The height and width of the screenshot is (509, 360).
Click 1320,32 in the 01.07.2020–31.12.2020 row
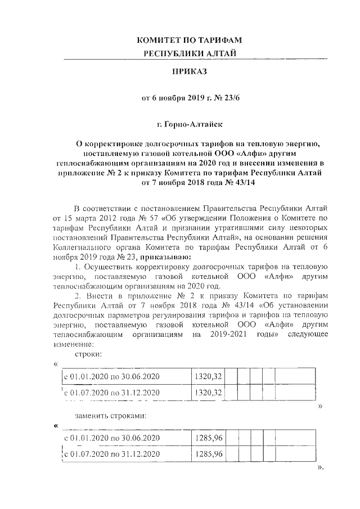point(209,391)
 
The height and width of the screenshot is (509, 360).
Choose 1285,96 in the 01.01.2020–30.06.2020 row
point(209,438)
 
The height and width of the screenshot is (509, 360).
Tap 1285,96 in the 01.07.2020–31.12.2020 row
point(209,453)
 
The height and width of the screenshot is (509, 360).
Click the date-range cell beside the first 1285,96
point(112,438)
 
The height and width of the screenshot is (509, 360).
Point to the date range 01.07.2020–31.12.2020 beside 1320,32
point(112,392)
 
